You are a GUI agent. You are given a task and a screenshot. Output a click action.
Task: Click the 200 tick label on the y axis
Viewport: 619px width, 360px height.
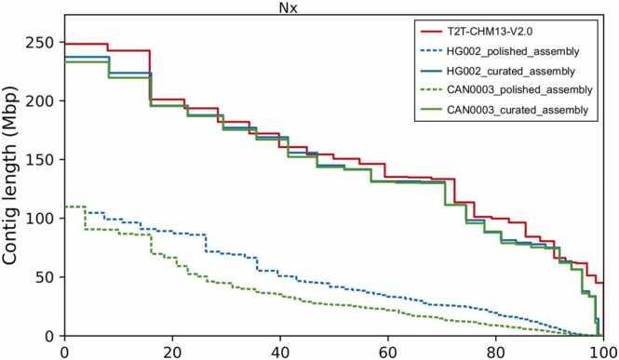click(39, 100)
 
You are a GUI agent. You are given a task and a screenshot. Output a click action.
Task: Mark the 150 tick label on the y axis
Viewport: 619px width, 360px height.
click(39, 159)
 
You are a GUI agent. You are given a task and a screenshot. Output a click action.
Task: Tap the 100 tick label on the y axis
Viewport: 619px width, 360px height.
click(39, 218)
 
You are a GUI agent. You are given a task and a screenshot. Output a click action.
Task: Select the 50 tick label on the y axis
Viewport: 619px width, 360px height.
click(44, 276)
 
